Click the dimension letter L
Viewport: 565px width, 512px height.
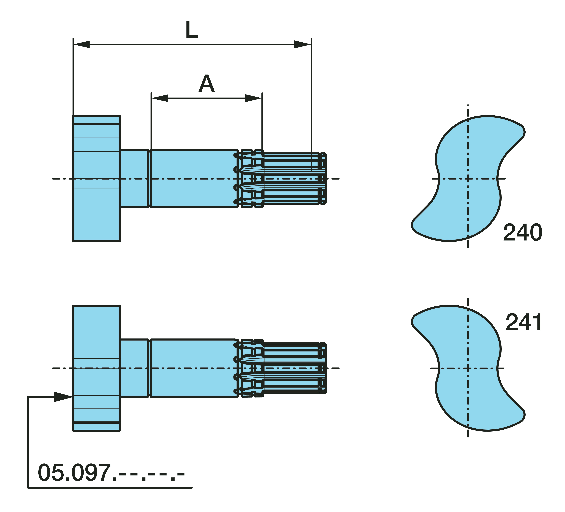[x=192, y=30]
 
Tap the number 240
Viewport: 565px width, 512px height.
[x=523, y=232]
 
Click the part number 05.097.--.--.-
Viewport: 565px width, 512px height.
[x=111, y=473]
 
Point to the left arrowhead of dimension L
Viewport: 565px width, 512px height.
[x=82, y=44]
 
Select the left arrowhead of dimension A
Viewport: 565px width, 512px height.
[x=159, y=98]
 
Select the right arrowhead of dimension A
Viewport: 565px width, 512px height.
[x=253, y=98]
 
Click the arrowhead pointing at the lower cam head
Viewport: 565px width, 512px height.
[x=64, y=397]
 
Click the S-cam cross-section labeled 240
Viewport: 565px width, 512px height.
[x=468, y=178]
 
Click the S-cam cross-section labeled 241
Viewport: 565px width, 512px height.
[x=468, y=368]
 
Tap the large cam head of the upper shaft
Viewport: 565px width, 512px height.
[x=96, y=178]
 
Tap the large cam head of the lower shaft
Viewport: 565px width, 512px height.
[x=96, y=368]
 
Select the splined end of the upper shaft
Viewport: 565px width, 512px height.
[x=280, y=178]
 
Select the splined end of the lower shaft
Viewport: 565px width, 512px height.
[x=280, y=368]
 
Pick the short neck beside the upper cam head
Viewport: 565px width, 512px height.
[x=134, y=178]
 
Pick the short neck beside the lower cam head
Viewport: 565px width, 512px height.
[x=134, y=368]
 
